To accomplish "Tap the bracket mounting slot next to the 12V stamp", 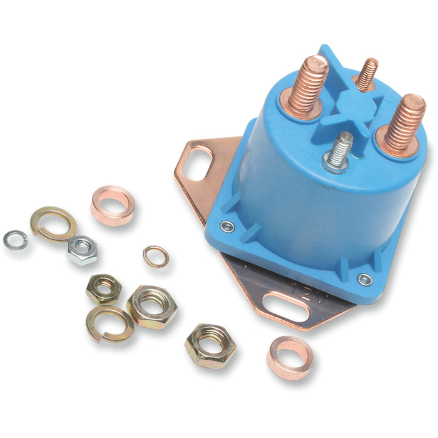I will coord(285,306).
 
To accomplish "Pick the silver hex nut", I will coord(83,250).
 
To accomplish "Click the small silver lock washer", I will coord(16,240).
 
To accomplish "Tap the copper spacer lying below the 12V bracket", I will coord(290,357).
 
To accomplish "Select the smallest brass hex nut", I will coord(103,288).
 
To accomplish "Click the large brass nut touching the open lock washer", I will coord(151,307).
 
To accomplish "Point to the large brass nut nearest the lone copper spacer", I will coord(210,345).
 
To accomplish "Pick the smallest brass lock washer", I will coord(155,256).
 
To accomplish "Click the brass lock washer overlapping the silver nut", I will coord(53,223).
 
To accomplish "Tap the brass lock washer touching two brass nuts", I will coord(110,323).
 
